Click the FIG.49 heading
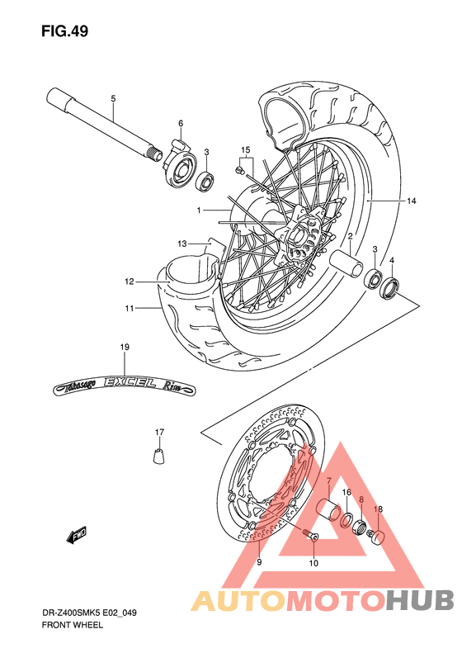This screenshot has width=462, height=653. click(x=64, y=31)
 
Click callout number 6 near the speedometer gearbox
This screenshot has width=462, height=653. click(x=180, y=124)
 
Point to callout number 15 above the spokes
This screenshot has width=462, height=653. click(x=245, y=150)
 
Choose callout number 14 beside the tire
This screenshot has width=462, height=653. click(x=411, y=201)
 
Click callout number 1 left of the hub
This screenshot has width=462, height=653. click(x=199, y=211)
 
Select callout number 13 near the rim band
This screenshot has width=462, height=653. click(x=182, y=244)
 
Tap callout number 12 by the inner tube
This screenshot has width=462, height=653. click(x=130, y=282)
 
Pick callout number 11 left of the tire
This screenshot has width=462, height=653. click(x=130, y=308)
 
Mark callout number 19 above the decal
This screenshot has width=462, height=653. click(x=125, y=348)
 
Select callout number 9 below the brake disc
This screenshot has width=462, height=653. click(x=259, y=562)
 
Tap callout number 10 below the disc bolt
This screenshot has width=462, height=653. click(x=313, y=564)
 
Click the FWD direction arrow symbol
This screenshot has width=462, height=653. click(x=78, y=536)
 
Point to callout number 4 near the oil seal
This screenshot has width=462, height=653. click(x=392, y=261)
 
